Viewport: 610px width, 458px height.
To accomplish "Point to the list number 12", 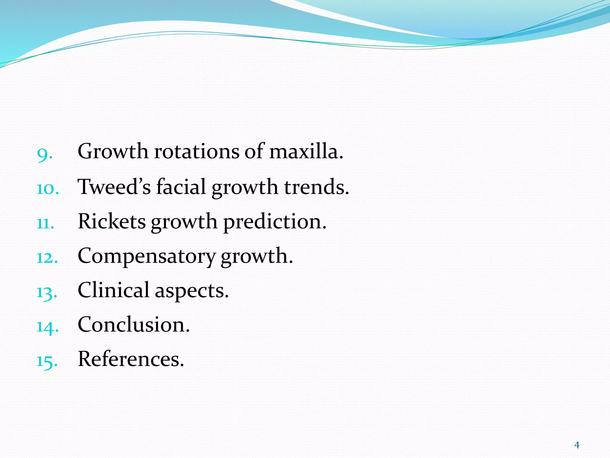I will pos(47,258).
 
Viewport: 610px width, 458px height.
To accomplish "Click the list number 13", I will pos(47,292).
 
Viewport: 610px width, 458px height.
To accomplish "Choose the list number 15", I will pos(47,361).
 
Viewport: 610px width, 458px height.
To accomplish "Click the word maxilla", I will pos(306,151).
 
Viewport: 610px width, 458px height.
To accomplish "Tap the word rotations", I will pos(197,151).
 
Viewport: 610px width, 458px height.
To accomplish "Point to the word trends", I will pos(316,187).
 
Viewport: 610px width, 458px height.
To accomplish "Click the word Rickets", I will pos(112,221).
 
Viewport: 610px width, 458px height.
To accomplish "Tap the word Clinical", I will pos(113,290).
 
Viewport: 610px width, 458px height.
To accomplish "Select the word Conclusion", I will pos(134,324).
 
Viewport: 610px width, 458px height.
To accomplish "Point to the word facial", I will pos(181,187).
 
